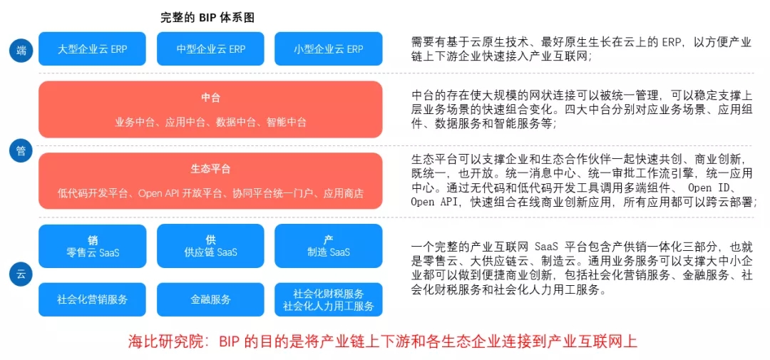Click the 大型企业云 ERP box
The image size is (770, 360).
click(x=93, y=49)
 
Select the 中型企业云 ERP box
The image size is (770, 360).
click(x=210, y=49)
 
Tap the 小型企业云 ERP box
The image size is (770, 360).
click(x=328, y=49)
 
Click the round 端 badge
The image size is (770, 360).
click(x=21, y=50)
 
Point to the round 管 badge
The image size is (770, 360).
click(x=21, y=150)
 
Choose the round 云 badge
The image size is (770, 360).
click(x=21, y=274)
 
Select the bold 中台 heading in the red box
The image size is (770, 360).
click(x=210, y=97)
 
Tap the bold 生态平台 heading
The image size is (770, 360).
click(x=210, y=169)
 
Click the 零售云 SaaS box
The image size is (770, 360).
click(x=93, y=246)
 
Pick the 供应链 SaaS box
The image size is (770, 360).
click(x=210, y=246)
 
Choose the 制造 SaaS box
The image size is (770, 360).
click(x=328, y=246)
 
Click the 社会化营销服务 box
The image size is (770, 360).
click(x=93, y=299)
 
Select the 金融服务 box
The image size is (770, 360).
click(x=210, y=299)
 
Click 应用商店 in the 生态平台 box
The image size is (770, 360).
click(x=343, y=193)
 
